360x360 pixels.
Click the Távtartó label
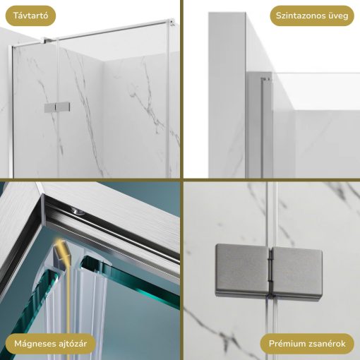pyautogui.click(x=28, y=15)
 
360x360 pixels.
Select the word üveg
pyautogui.click(x=337, y=16)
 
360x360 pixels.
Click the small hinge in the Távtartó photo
pyautogui.click(x=56, y=107)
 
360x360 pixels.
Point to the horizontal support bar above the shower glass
pyautogui.click(x=113, y=29)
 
